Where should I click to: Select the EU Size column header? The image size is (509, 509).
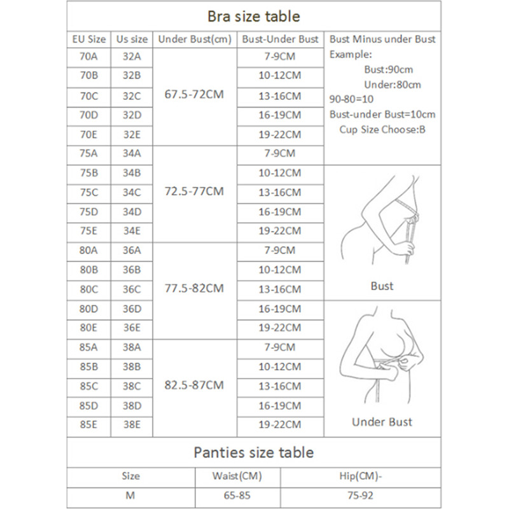88,39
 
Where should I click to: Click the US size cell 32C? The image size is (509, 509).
132,96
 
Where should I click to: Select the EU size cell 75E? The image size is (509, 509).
88,230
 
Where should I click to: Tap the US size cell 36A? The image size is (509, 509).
132,250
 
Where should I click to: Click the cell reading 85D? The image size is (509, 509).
88,405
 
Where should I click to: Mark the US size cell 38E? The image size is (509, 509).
132,424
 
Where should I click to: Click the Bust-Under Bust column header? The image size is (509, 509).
280,39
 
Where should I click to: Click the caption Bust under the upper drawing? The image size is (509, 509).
382,286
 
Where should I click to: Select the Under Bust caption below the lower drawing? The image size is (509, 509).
382,421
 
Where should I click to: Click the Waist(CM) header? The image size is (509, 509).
237,475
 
